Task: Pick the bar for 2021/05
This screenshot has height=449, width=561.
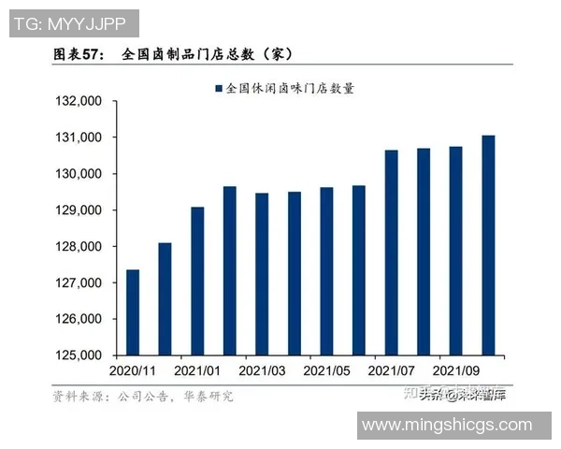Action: click(x=326, y=271)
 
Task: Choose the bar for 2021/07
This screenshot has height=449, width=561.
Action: click(x=391, y=253)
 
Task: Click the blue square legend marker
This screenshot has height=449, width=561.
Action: click(x=219, y=89)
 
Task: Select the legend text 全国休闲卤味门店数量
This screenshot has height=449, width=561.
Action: click(x=289, y=89)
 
